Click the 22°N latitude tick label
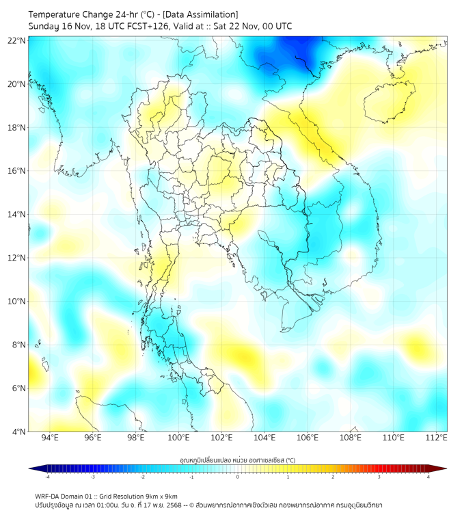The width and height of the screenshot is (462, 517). tap(17, 40)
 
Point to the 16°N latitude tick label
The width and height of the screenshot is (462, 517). tap(17, 171)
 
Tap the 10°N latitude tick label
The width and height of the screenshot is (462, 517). tap(17, 301)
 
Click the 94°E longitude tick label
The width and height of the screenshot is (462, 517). tap(50, 438)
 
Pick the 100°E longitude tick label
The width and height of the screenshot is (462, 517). tap(178, 438)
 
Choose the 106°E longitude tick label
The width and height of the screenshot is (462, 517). tap(308, 438)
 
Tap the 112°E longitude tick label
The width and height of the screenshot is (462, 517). tap(437, 438)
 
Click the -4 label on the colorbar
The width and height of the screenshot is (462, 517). tap(46, 477)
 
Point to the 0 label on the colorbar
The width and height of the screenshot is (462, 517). tap(238, 477)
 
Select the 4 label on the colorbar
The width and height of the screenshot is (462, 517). tap(428, 477)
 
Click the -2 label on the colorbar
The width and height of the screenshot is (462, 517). tap(141, 477)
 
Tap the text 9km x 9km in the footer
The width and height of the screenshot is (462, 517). tap(160, 496)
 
